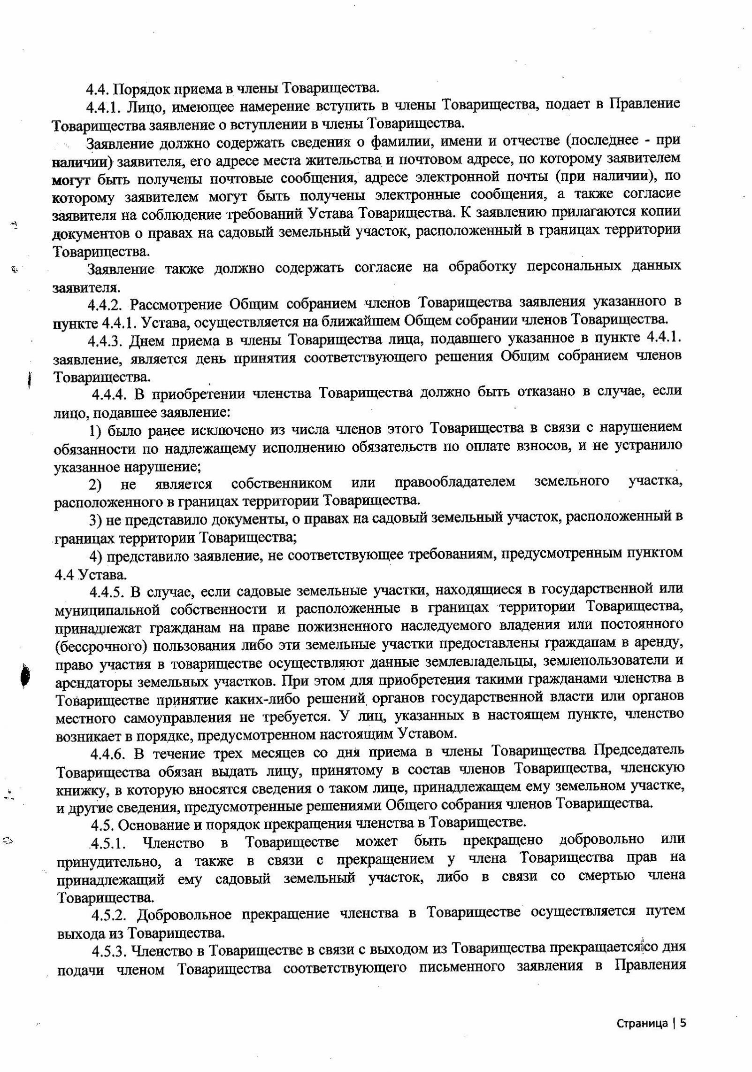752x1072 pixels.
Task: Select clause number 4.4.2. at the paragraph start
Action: pos(106,305)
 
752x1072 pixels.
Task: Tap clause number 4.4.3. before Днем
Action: pos(106,340)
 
